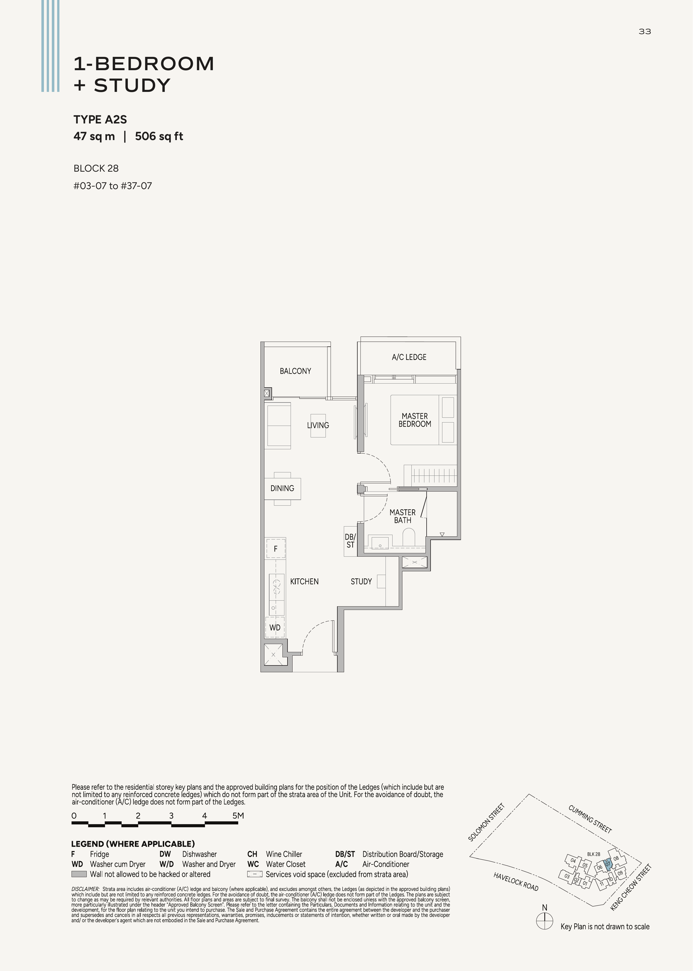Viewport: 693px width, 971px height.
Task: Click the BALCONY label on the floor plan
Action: (x=295, y=371)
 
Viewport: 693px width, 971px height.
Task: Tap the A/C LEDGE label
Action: (x=409, y=357)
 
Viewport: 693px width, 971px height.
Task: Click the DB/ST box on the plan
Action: (x=350, y=541)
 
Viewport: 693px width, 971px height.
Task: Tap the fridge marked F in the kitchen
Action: (x=276, y=549)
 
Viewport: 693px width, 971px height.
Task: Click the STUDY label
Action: (x=361, y=581)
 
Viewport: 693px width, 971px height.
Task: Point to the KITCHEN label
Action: (x=304, y=581)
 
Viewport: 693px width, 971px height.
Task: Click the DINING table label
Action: (x=282, y=488)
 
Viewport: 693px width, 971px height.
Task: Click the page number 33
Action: (x=645, y=31)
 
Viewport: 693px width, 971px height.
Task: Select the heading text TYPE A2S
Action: (x=100, y=120)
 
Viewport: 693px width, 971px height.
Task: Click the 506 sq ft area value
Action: (x=159, y=136)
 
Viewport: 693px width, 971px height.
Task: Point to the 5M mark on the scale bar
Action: (x=238, y=816)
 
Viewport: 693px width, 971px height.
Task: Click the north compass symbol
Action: (x=545, y=921)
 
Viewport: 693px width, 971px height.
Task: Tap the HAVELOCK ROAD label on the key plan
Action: (x=516, y=881)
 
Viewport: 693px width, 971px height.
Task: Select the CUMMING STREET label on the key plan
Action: (x=590, y=819)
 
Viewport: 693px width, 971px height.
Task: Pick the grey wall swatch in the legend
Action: (x=79, y=874)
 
